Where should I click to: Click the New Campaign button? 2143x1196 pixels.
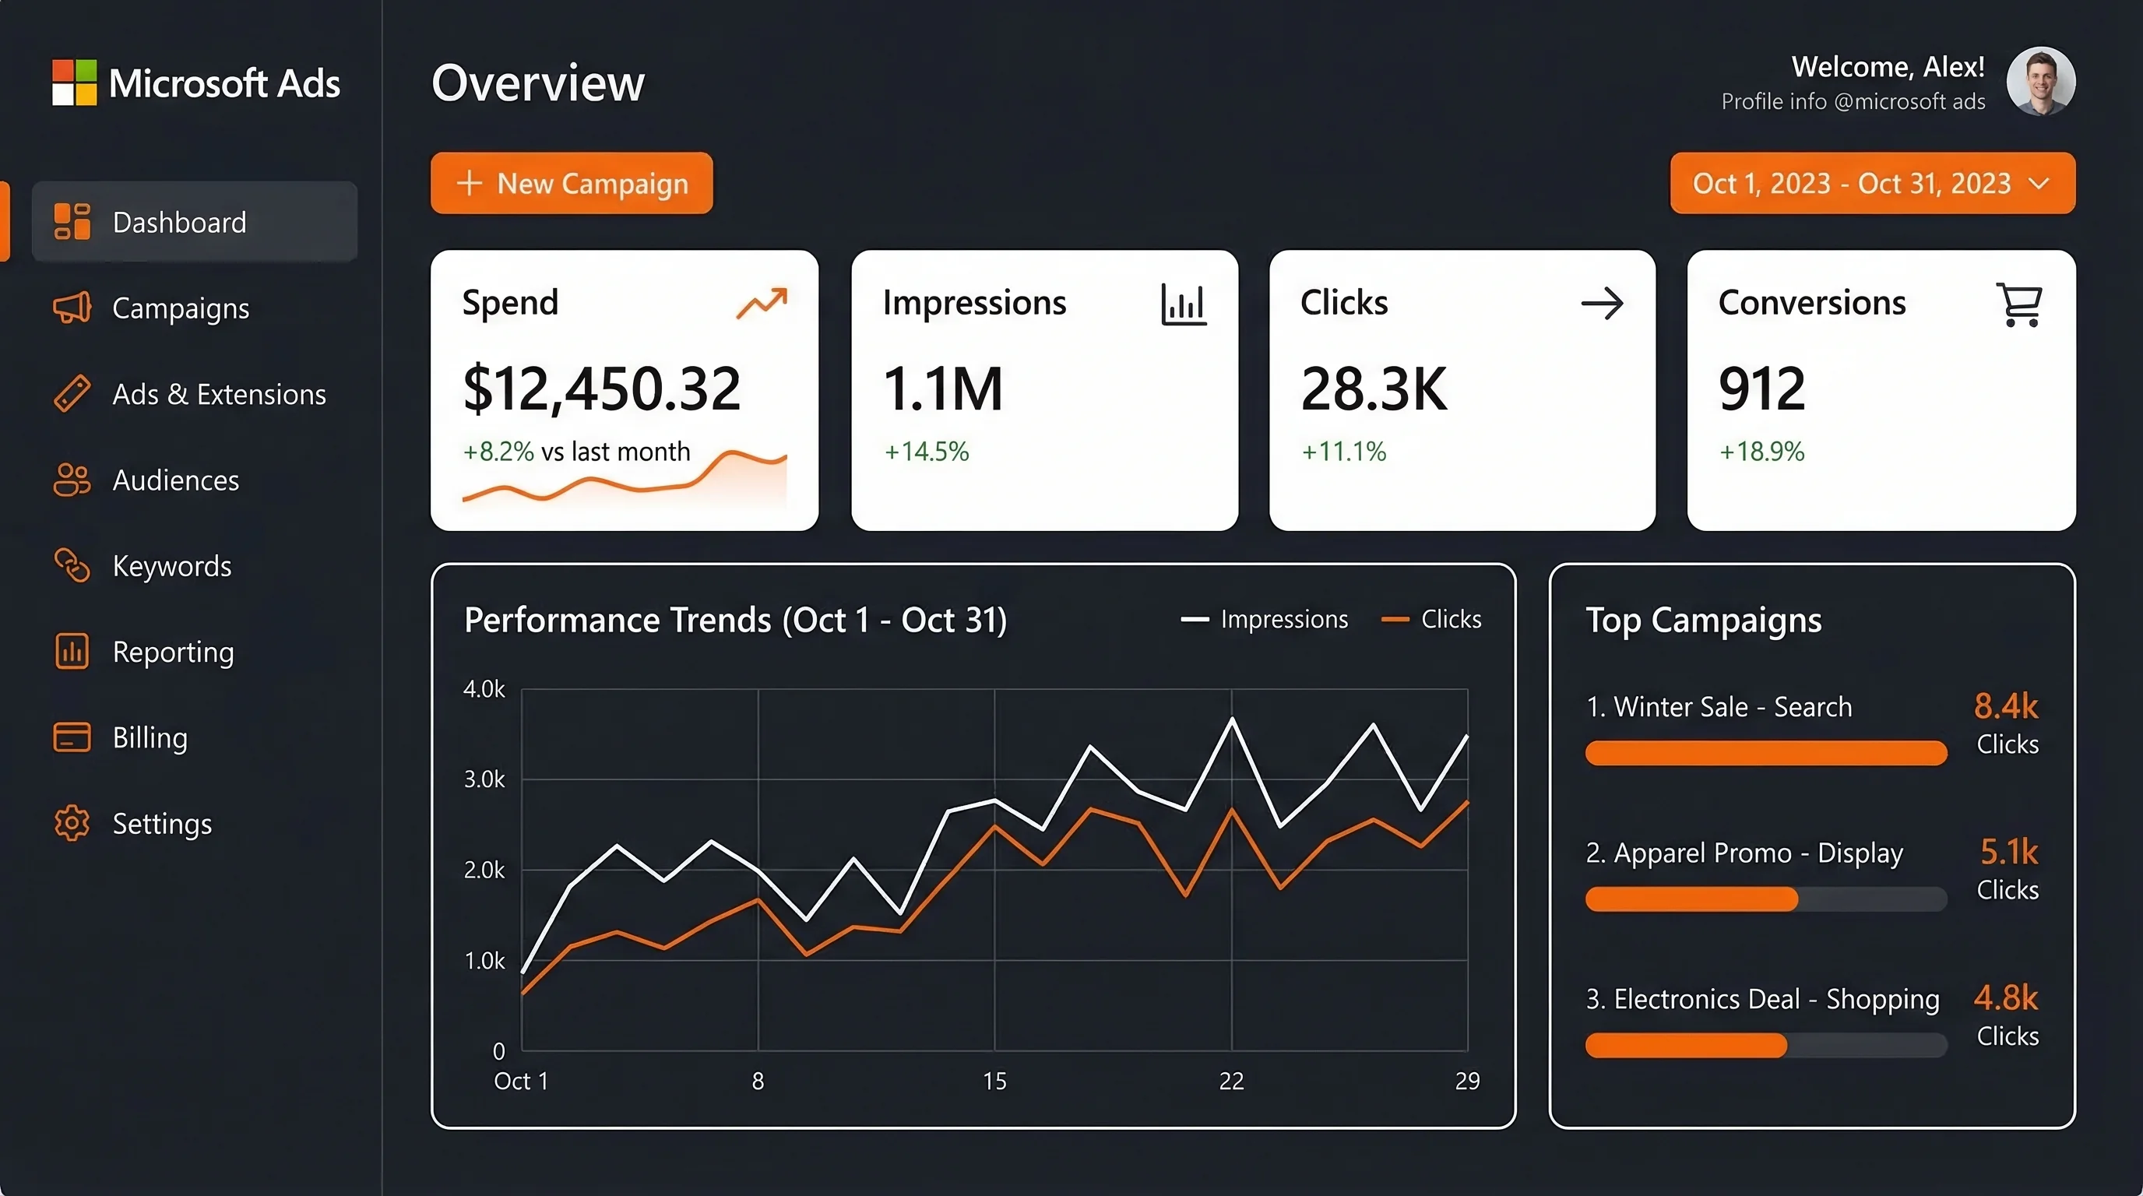[x=572, y=183]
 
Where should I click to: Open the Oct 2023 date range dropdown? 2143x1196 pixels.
[x=1872, y=183]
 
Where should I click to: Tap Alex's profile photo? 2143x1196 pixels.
[x=2040, y=82]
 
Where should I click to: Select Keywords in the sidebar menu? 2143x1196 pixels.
[x=171, y=566]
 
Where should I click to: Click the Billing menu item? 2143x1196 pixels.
[x=150, y=737]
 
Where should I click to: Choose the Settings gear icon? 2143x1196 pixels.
[x=72, y=823]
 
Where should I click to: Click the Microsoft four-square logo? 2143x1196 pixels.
[x=74, y=83]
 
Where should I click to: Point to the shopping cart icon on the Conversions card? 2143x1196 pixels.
[x=2018, y=304]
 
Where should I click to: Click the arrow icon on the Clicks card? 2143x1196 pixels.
[x=1602, y=304]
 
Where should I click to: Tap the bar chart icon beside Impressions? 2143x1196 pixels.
[x=1183, y=304]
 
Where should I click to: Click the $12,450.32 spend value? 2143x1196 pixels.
[x=601, y=389]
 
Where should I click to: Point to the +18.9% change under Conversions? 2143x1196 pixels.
[x=1761, y=452]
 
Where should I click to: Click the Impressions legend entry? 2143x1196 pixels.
[x=1265, y=620]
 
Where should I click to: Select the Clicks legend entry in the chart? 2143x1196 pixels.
[x=1432, y=620]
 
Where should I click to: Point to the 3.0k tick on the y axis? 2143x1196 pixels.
[x=484, y=779]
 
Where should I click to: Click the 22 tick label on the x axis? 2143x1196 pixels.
[x=1231, y=1081]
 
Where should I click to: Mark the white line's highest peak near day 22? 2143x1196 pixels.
[x=1232, y=719]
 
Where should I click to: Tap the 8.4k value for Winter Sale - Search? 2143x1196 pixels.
[x=2006, y=706]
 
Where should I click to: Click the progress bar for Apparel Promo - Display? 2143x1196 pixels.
[x=1765, y=899]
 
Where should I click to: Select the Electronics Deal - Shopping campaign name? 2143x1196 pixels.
[x=1762, y=999]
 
